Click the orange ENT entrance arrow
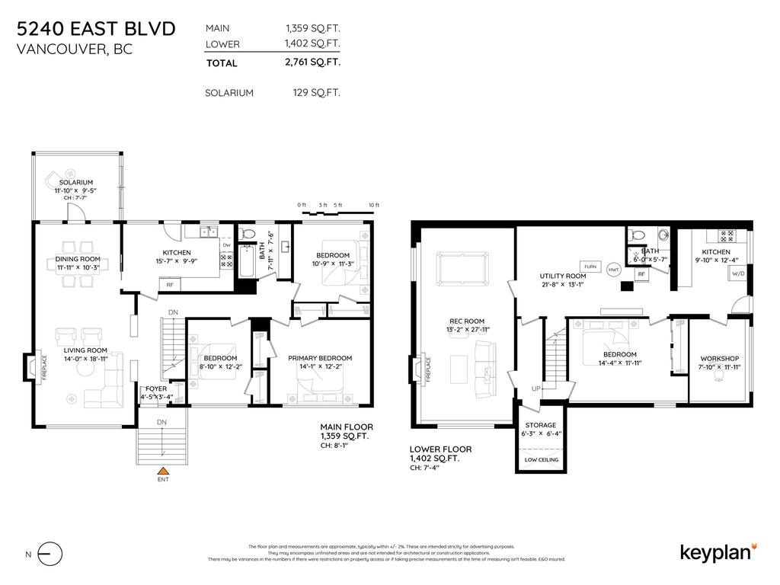tap(162, 470)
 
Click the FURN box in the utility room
tap(591, 267)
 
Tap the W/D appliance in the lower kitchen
tap(737, 273)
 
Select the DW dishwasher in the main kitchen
tap(227, 245)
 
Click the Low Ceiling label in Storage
tap(542, 460)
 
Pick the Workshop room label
tap(719, 359)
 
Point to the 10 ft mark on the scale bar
tap(372, 206)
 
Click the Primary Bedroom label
tap(319, 358)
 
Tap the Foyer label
tap(156, 388)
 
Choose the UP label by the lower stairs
tap(536, 389)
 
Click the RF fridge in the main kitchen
tap(170, 284)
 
